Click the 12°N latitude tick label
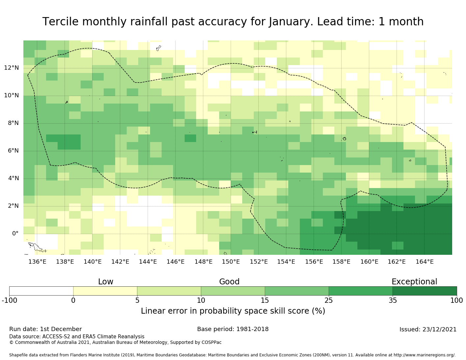12,68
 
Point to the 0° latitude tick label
15,234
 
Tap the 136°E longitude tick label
37,262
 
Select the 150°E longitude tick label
231,262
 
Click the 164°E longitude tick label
425,262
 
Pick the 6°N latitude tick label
12,151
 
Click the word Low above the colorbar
106,282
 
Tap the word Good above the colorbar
229,282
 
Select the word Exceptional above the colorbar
414,282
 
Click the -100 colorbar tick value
10,300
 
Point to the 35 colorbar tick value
393,300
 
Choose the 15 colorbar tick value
265,300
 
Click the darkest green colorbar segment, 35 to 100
425,291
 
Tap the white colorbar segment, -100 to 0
41,291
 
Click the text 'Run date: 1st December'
45,329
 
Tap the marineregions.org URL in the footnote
425,355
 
